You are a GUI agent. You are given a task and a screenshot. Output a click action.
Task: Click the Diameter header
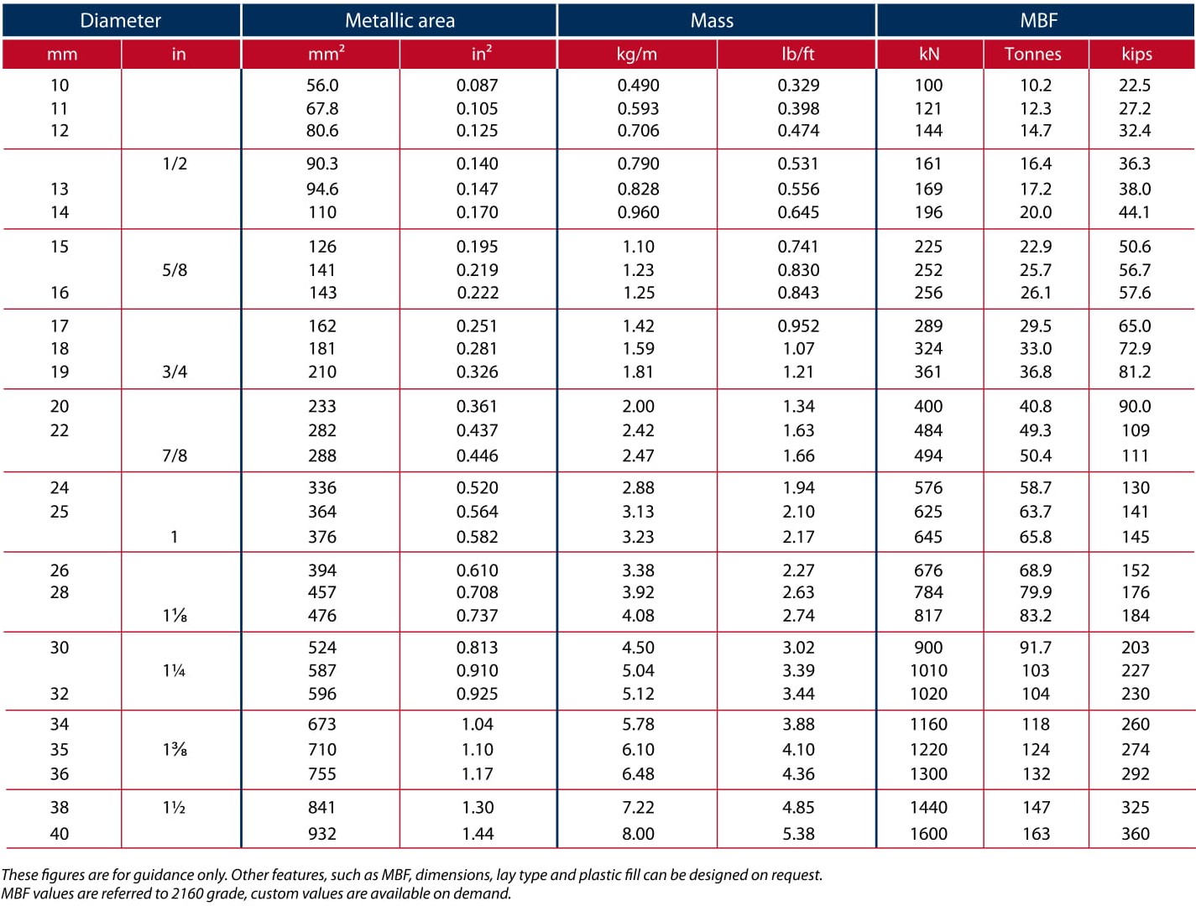(x=120, y=21)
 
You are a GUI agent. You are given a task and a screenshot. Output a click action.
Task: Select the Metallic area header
(x=400, y=21)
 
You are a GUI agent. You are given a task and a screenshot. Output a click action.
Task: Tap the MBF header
(x=1038, y=21)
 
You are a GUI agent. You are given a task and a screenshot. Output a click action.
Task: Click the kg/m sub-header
(x=636, y=54)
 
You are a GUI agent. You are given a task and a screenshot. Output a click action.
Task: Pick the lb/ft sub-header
(x=797, y=54)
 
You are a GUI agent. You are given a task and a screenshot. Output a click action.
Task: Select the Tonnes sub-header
(x=1032, y=54)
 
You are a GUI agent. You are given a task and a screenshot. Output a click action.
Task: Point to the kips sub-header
(x=1136, y=54)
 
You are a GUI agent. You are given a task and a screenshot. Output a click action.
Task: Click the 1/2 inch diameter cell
(x=175, y=164)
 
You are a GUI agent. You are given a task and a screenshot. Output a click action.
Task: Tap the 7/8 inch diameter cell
(x=175, y=456)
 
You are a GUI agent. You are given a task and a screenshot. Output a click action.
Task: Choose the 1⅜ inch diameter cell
(x=175, y=749)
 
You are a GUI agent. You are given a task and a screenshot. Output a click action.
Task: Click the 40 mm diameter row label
(x=60, y=834)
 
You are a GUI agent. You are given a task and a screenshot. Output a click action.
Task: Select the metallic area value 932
(x=322, y=834)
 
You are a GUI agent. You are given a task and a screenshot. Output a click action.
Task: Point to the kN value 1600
(x=928, y=834)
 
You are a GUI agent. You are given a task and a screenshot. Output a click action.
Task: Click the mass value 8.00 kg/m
(x=638, y=834)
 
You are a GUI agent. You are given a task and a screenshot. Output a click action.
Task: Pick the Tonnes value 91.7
(x=1035, y=648)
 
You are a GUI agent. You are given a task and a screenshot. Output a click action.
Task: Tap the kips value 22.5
(x=1135, y=85)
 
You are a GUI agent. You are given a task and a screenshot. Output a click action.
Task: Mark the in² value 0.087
(x=477, y=85)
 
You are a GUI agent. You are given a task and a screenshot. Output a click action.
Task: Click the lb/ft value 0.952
(x=798, y=325)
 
